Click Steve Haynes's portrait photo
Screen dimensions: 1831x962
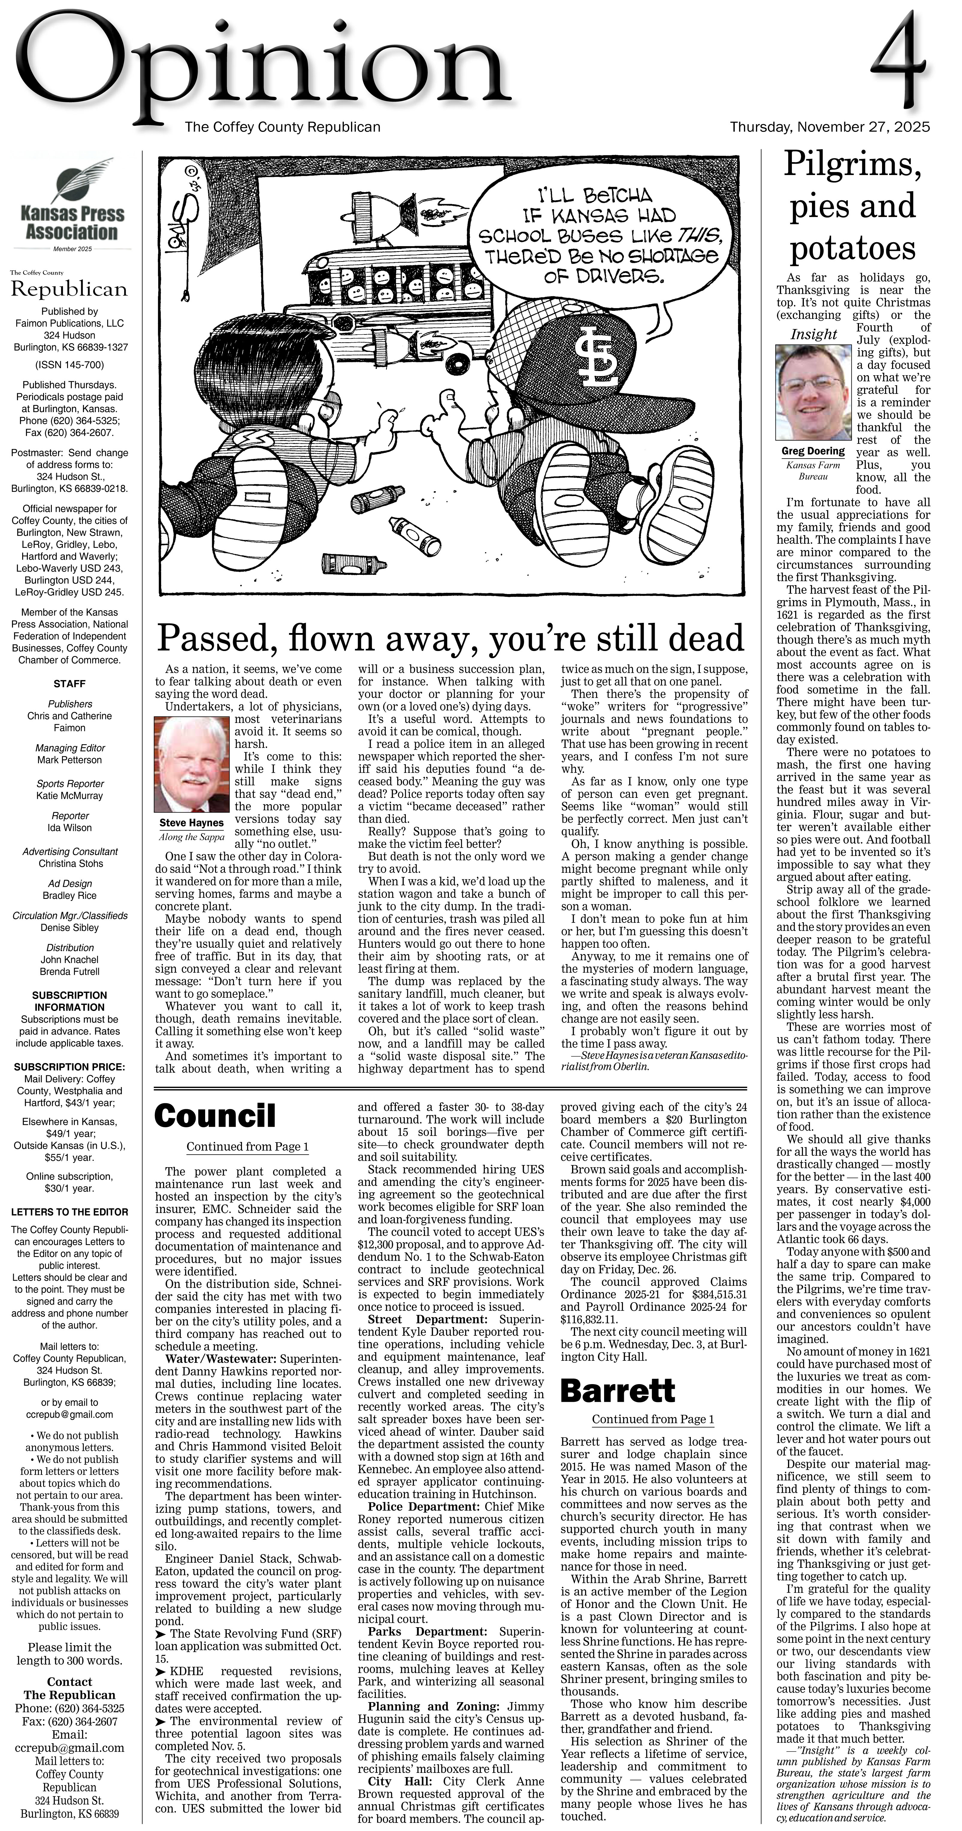[190, 764]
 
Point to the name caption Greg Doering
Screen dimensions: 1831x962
[813, 451]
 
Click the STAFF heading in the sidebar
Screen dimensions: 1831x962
[69, 684]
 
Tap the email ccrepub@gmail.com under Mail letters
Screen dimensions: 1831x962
[69, 1414]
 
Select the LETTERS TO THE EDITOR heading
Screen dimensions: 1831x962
[69, 1212]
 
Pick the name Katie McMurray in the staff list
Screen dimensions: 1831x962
[69, 795]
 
